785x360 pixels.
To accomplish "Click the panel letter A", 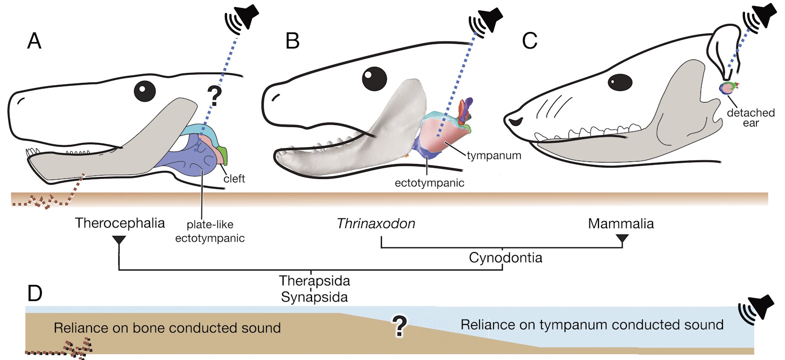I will pyautogui.click(x=34, y=40).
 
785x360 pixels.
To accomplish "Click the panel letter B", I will pyautogui.click(x=292, y=40).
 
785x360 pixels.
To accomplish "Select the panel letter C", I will pyautogui.click(x=529, y=40).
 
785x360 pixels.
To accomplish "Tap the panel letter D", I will pyautogui.click(x=34, y=293).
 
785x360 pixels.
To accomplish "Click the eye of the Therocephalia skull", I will pyautogui.click(x=144, y=91).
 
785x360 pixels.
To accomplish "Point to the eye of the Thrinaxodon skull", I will pyautogui.click(x=374, y=78).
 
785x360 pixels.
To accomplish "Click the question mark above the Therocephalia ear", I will pyautogui.click(x=214, y=95).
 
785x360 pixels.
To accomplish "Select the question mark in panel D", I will pyautogui.click(x=399, y=326).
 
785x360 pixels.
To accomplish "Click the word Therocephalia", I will pyautogui.click(x=120, y=223).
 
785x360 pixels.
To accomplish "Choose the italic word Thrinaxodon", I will pyautogui.click(x=376, y=223).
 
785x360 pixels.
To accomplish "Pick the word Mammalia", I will pyautogui.click(x=620, y=223).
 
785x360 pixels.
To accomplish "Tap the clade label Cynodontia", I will pyautogui.click(x=505, y=258).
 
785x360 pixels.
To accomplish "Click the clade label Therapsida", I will pyautogui.click(x=314, y=281).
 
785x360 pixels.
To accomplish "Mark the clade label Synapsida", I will pyautogui.click(x=314, y=297).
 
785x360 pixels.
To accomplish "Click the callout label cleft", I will pyautogui.click(x=234, y=178).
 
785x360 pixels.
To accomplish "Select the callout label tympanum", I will pyautogui.click(x=494, y=155).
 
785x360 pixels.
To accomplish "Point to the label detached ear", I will pyautogui.click(x=750, y=118).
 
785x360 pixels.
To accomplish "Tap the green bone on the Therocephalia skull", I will pyautogui.click(x=223, y=155).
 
